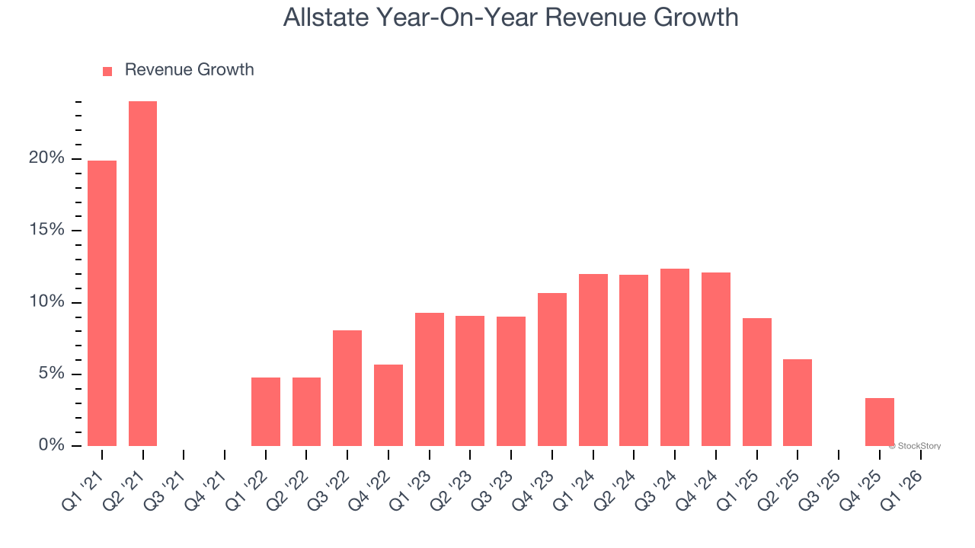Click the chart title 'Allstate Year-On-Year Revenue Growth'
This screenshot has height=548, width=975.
coord(510,18)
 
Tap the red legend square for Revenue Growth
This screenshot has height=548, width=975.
coord(107,71)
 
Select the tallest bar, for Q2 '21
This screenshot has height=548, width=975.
coord(142,273)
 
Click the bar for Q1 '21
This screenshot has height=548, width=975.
coord(102,303)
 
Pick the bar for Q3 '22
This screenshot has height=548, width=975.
coord(347,387)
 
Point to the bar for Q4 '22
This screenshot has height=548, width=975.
coord(388,405)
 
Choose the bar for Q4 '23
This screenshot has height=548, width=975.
coord(552,369)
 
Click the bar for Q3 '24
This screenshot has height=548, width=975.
coord(675,357)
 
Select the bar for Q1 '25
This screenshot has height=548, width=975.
coord(757,381)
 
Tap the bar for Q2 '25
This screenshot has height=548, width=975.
coord(798,402)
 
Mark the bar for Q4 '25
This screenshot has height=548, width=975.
coord(880,422)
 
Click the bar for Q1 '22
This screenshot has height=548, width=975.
coord(266,411)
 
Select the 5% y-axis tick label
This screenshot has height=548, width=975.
coord(51,374)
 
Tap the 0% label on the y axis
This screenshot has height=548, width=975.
coord(51,445)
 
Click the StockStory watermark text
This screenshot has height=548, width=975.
coord(916,446)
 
